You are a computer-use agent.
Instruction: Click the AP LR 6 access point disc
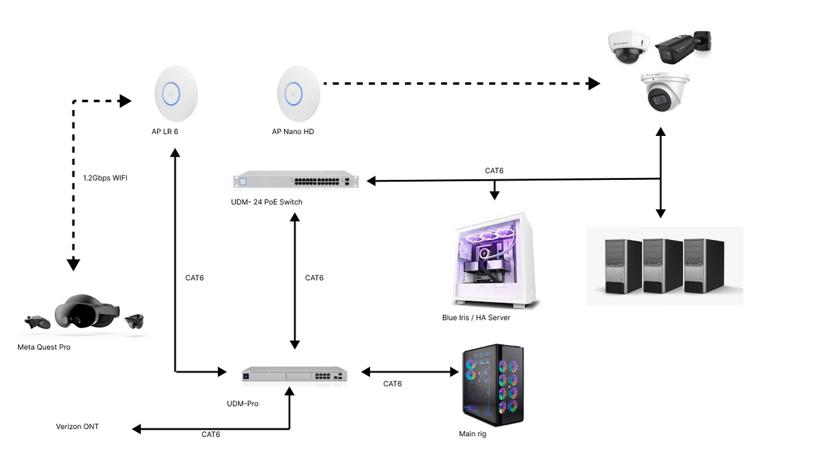(x=176, y=94)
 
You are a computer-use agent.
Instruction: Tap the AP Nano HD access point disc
(x=298, y=94)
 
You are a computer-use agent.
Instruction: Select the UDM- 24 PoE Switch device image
(x=296, y=181)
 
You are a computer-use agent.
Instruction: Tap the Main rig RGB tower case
(x=492, y=382)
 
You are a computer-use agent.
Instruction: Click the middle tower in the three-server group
(x=662, y=265)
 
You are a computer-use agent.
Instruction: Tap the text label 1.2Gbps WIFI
(x=105, y=178)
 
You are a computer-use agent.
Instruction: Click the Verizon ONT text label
(x=78, y=426)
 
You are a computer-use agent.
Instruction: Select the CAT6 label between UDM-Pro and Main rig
(x=392, y=384)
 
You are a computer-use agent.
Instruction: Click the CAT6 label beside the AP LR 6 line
(x=194, y=278)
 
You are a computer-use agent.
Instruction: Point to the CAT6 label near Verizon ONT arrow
(x=211, y=434)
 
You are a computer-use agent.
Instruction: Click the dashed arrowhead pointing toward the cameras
(x=593, y=83)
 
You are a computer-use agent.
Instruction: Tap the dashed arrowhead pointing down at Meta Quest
(x=74, y=263)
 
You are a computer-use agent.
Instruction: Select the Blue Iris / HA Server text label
(x=476, y=318)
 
